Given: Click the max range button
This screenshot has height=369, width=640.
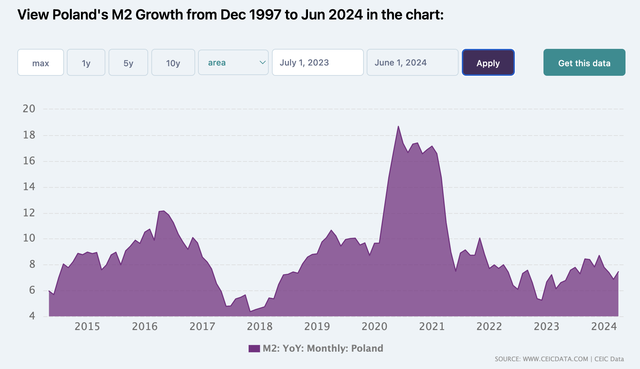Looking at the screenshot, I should point(41,63).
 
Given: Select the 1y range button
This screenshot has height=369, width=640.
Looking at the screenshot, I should point(86,63).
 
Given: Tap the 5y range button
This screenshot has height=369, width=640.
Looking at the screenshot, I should point(128,63).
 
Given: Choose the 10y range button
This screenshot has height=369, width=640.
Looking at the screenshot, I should point(173,63).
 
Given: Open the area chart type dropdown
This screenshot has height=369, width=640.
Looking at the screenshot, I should point(233,63).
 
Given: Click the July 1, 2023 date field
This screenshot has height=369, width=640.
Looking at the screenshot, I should point(318,63).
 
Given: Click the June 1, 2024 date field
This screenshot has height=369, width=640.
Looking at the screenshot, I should point(412,63).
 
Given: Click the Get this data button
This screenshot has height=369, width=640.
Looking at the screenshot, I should point(584,63).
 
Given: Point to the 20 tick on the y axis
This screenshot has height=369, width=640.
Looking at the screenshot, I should point(29,109).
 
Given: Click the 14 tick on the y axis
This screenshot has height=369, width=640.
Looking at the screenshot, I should point(29,187).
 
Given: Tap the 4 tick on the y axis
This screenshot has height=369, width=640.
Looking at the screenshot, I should point(32,316).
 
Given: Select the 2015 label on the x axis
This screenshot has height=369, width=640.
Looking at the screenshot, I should point(87,327).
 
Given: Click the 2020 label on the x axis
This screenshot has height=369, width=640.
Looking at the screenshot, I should point(374,327).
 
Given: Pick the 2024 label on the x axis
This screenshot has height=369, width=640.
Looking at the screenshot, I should point(604,327).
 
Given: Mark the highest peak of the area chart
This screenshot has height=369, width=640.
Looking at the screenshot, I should point(398,126).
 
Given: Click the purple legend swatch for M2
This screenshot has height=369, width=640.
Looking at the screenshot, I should point(254,348).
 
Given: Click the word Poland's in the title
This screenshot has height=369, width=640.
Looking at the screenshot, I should point(80,15).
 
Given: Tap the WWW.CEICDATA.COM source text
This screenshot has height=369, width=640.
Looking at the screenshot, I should point(555,359).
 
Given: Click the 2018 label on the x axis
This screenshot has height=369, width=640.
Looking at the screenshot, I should point(260,327).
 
